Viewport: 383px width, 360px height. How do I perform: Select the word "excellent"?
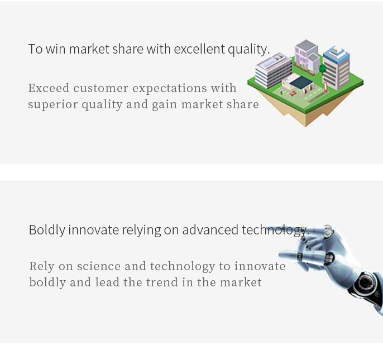199,49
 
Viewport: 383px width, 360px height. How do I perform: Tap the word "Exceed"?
49,88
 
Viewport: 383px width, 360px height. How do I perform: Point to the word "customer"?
100,88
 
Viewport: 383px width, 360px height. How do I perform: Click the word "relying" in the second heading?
141,231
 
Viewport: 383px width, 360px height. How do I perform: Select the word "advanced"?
210,230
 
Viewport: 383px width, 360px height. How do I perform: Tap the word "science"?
99,266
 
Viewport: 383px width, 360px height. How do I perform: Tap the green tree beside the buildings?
323,69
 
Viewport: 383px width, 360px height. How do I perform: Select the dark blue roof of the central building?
301,82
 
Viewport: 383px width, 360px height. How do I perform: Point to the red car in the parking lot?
293,93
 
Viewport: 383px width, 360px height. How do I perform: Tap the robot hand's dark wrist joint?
365,284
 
